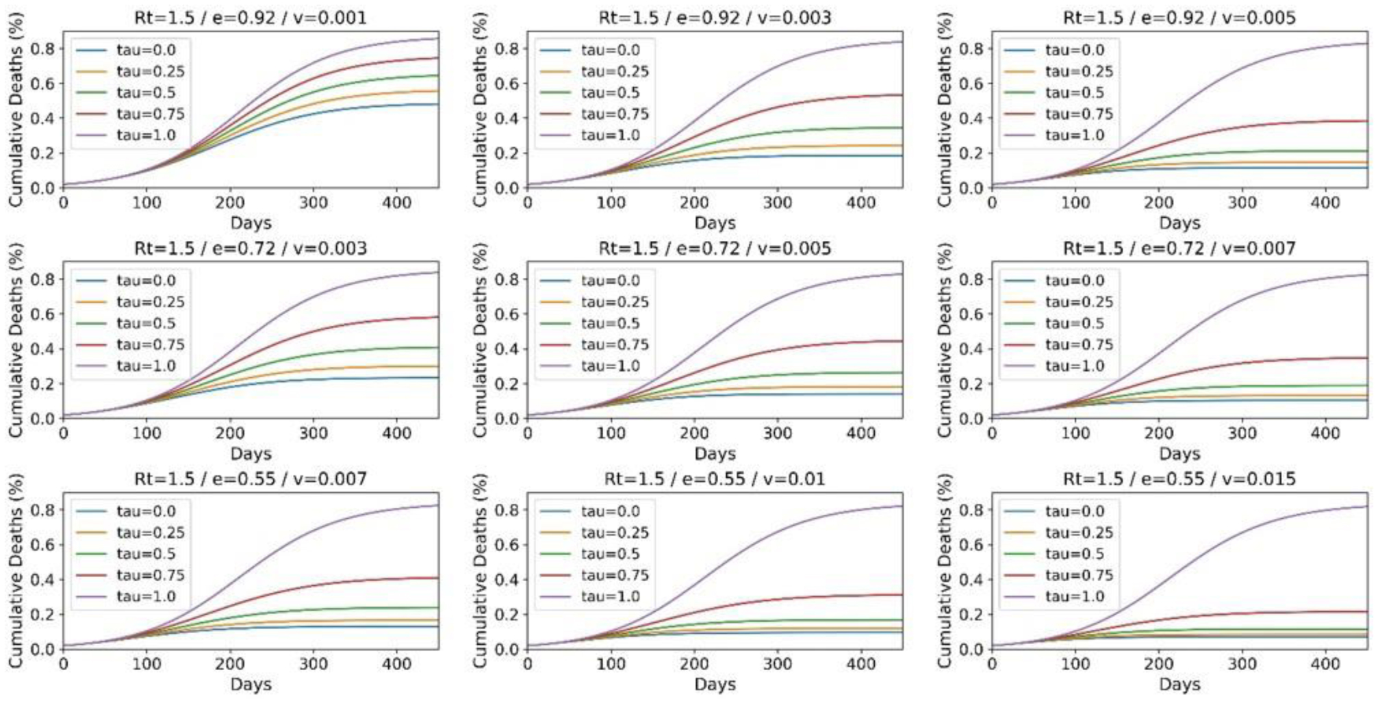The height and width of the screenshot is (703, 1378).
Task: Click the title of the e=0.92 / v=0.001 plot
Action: [x=251, y=17]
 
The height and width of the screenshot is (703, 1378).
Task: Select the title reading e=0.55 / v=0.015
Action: [x=1179, y=478]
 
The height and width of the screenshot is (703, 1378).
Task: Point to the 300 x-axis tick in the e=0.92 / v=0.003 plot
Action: [x=778, y=203]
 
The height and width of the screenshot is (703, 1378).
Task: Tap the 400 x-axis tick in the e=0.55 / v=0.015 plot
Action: [x=1325, y=664]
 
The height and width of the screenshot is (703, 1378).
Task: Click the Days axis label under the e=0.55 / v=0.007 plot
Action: [x=251, y=684]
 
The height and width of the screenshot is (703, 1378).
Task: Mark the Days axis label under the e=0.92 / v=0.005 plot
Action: [x=1179, y=222]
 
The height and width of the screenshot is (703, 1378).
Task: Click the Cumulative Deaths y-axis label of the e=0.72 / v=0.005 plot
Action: [x=480, y=340]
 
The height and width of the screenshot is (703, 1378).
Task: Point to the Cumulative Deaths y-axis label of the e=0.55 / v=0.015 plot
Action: [x=945, y=571]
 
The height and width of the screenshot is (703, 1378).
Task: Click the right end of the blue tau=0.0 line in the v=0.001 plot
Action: [x=437, y=104]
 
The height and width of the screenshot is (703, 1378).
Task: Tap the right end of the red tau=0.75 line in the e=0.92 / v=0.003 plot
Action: [x=902, y=95]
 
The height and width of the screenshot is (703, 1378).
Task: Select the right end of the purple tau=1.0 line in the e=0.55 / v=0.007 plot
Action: [x=437, y=505]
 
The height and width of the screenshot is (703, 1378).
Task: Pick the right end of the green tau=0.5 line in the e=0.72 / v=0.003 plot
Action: [x=437, y=348]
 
